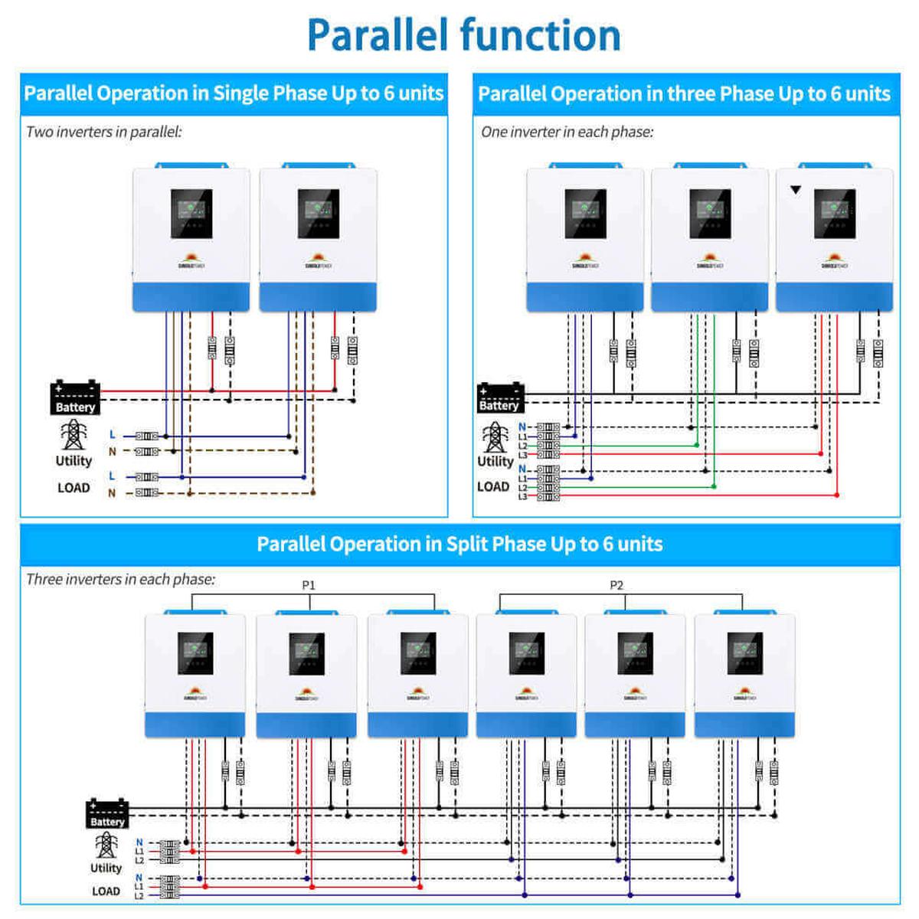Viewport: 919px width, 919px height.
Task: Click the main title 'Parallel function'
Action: coord(463,34)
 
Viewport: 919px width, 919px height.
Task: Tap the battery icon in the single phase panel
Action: coord(74,397)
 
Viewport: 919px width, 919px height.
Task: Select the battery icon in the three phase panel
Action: coord(499,397)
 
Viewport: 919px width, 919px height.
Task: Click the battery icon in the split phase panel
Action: coord(107,813)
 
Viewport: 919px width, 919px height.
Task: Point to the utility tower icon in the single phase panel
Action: coord(74,435)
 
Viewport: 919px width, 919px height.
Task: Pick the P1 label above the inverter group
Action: coord(309,585)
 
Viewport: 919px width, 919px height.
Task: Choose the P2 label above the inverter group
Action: coord(616,585)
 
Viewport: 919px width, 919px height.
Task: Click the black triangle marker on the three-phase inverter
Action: coord(796,189)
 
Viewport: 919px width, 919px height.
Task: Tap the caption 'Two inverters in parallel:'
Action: coord(103,132)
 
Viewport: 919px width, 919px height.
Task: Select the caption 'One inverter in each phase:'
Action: coord(567,132)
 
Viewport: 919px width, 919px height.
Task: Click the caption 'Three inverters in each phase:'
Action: coord(120,579)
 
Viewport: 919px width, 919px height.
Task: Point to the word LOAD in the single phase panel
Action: coord(74,488)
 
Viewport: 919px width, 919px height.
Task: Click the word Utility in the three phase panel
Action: coord(495,461)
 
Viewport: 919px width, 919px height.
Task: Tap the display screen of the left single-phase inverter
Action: coord(191,214)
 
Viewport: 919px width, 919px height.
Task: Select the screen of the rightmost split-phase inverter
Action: coord(745,653)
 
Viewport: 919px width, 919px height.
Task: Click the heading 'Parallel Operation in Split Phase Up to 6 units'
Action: coord(459,544)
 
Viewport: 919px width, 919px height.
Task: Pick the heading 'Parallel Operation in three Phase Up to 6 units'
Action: coord(684,93)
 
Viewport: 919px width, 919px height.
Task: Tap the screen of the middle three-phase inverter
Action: coord(710,213)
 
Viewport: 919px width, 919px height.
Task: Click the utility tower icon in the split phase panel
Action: coord(106,845)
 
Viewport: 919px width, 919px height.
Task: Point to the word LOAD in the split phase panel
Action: coord(106,891)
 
